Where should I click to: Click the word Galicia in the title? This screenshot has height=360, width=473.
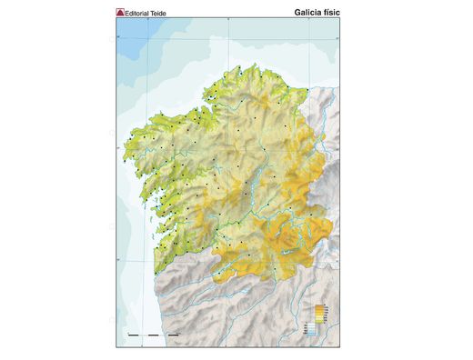312,14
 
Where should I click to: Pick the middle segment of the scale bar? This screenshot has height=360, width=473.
152,336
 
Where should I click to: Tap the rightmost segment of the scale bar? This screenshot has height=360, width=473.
172,336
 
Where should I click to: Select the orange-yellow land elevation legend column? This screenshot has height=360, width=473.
317,315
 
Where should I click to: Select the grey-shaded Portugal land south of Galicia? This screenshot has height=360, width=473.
209,309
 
